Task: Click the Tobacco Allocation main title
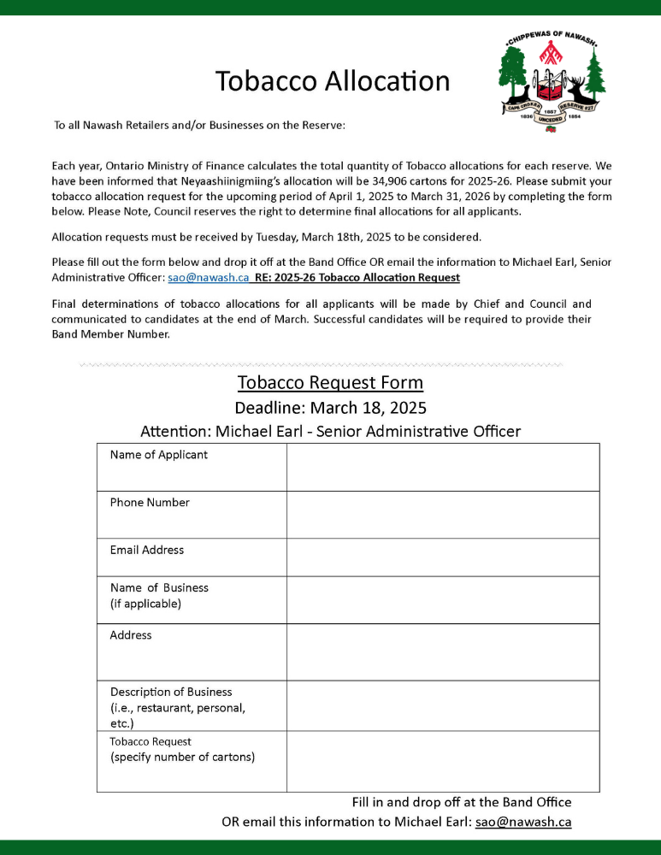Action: coord(333,80)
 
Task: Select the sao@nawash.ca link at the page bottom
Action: coord(523,822)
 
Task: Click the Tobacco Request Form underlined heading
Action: coord(330,382)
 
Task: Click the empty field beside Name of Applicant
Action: coord(442,467)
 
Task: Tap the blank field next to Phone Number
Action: coord(442,515)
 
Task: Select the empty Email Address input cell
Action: coord(442,557)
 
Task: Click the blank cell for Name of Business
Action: coord(442,600)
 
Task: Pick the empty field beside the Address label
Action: coord(442,652)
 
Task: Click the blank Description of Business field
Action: coord(442,706)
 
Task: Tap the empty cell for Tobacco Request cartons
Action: coord(442,761)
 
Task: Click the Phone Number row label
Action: coord(150,503)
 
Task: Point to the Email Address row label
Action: coord(147,550)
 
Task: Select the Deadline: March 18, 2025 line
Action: coord(330,407)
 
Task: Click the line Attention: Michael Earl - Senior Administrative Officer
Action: coord(330,431)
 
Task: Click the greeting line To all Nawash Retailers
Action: coord(200,126)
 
